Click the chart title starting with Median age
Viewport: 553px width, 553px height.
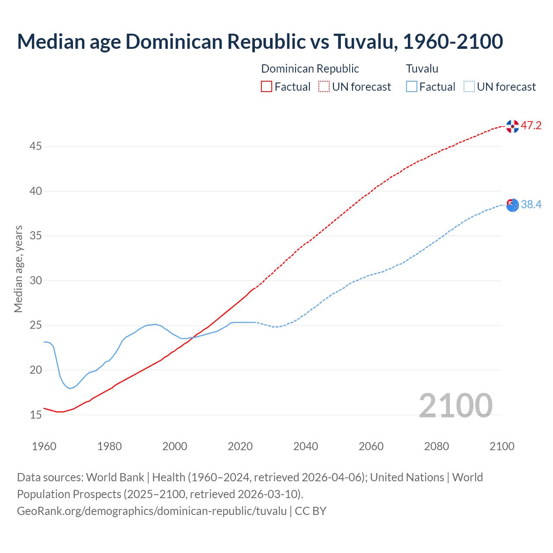click(x=260, y=41)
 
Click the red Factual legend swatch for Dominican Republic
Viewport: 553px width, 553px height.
click(x=267, y=87)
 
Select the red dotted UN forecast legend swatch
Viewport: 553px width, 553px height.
click(x=324, y=87)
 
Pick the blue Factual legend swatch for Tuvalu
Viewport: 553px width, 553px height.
click(x=412, y=87)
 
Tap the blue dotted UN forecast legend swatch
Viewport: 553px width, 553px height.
click(x=469, y=87)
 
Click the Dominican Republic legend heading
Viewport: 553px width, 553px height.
click(x=310, y=69)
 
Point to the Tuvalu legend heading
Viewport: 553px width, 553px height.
click(x=422, y=69)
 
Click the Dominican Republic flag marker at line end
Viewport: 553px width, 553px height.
click(x=512, y=126)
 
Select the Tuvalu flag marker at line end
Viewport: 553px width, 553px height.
click(x=512, y=205)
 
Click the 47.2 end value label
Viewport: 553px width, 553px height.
click(x=531, y=126)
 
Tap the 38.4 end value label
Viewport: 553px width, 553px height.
click(x=531, y=205)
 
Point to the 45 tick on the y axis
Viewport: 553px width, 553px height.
click(x=35, y=146)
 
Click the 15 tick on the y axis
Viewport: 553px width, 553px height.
click(x=35, y=415)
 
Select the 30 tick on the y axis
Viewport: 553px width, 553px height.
click(x=35, y=281)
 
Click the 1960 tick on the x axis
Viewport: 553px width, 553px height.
click(x=44, y=446)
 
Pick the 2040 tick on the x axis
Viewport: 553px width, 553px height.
click(x=305, y=446)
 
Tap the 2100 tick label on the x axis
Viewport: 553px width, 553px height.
click(x=502, y=446)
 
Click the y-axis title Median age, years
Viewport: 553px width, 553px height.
click(x=18, y=269)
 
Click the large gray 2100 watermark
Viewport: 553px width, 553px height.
click(x=455, y=405)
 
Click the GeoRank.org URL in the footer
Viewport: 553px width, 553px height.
click(x=152, y=511)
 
